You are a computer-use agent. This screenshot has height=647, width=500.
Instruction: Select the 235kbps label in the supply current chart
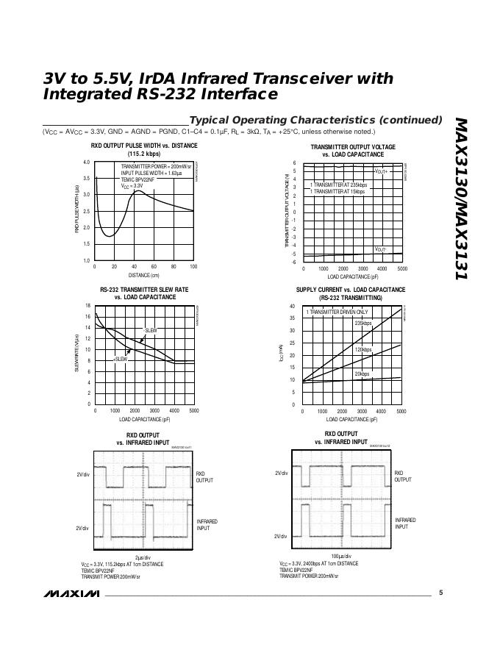[x=363, y=323]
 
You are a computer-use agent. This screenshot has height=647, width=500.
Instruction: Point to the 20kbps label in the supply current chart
[x=362, y=374]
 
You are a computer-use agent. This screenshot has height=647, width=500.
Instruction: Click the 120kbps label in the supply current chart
[x=363, y=349]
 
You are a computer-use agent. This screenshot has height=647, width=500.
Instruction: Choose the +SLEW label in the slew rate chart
[x=121, y=359]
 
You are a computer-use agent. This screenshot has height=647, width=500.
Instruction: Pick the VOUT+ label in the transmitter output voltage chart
[x=380, y=171]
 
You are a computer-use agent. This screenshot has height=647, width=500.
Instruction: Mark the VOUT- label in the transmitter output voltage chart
[x=380, y=249]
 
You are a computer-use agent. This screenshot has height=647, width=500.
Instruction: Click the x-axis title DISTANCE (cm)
[x=144, y=275]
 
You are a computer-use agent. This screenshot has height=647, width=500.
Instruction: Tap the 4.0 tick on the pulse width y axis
[x=86, y=162]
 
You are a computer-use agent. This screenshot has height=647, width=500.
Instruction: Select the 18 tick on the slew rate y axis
[x=87, y=306]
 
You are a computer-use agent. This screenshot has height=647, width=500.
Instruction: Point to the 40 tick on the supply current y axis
[x=292, y=307]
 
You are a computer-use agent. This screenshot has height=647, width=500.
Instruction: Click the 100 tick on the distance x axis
[x=193, y=267]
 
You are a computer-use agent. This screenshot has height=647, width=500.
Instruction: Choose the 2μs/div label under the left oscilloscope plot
[x=143, y=557]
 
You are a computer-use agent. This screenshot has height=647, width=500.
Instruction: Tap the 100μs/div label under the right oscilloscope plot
[x=341, y=556]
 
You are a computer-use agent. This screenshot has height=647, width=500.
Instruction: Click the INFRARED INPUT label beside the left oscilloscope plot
[x=206, y=525]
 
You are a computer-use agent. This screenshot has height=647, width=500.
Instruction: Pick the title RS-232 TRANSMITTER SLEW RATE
[x=144, y=290]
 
